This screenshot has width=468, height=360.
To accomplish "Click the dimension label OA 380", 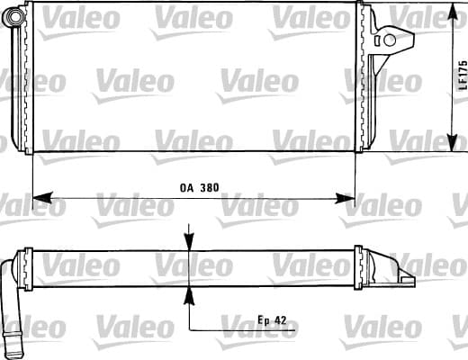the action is [200, 188].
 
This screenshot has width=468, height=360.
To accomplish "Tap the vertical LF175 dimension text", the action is [463, 76].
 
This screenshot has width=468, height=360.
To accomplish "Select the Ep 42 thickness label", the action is [272, 320].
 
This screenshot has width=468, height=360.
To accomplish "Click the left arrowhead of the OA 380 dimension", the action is [42, 198].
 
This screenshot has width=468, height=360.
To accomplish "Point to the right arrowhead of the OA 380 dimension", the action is [345, 198].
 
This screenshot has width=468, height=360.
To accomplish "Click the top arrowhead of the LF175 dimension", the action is [452, 13].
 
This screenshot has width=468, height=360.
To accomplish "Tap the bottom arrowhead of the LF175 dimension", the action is [452, 142].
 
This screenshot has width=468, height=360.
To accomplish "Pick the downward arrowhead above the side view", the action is [189, 241].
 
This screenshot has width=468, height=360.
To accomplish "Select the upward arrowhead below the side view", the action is [189, 296].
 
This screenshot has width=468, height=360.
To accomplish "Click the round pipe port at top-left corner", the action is [13, 16].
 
